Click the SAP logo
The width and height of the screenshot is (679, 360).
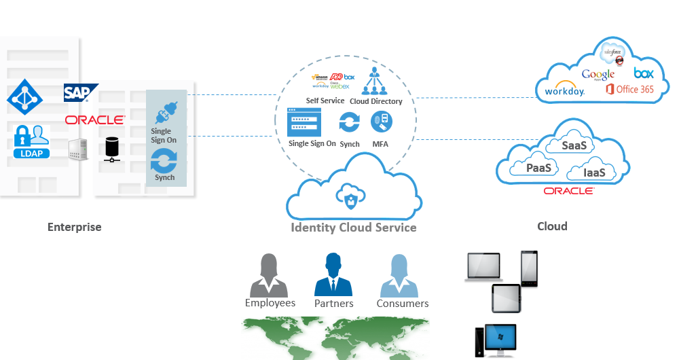pos(81,93)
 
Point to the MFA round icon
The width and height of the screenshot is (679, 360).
pos(380,122)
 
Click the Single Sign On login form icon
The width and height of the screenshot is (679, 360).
pos(304,123)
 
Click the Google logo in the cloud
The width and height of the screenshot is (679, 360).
pos(598,73)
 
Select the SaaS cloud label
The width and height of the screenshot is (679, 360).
pos(574,145)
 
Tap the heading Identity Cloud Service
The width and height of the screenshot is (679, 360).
pos(353,228)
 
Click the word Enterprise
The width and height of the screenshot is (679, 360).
pos(74,227)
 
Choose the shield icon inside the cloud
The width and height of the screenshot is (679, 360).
pos(350,199)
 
